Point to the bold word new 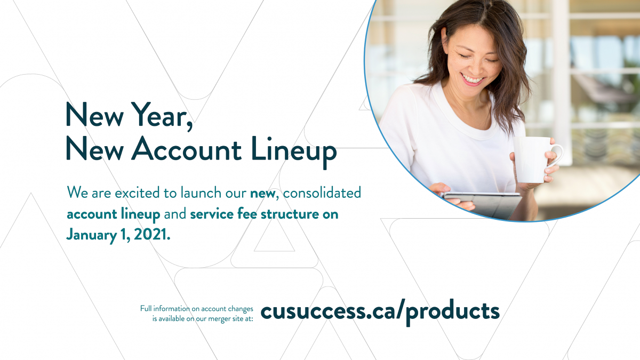(262, 194)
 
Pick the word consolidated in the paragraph (322, 193)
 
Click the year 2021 (151, 235)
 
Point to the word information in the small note (172, 309)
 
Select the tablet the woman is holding (483, 205)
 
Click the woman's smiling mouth (473, 79)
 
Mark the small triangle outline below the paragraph (274, 235)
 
